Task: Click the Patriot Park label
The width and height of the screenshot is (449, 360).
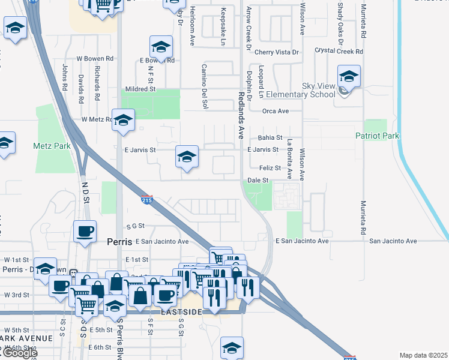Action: coord(376,136)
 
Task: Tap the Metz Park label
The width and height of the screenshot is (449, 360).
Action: coord(52,146)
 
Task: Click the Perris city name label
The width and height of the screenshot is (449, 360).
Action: coord(119,242)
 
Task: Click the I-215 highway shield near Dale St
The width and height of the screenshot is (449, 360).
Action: coord(147,199)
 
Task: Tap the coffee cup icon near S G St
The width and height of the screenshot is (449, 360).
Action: coord(85,230)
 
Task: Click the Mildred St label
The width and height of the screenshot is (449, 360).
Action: coord(144,89)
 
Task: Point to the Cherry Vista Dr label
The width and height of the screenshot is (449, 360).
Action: coord(277,52)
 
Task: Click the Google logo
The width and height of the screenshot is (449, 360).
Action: coord(19,353)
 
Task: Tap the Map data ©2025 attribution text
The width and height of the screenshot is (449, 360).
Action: coord(423,355)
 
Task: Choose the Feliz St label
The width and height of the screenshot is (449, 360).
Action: coord(270,168)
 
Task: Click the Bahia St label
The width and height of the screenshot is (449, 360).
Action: coord(270,137)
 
